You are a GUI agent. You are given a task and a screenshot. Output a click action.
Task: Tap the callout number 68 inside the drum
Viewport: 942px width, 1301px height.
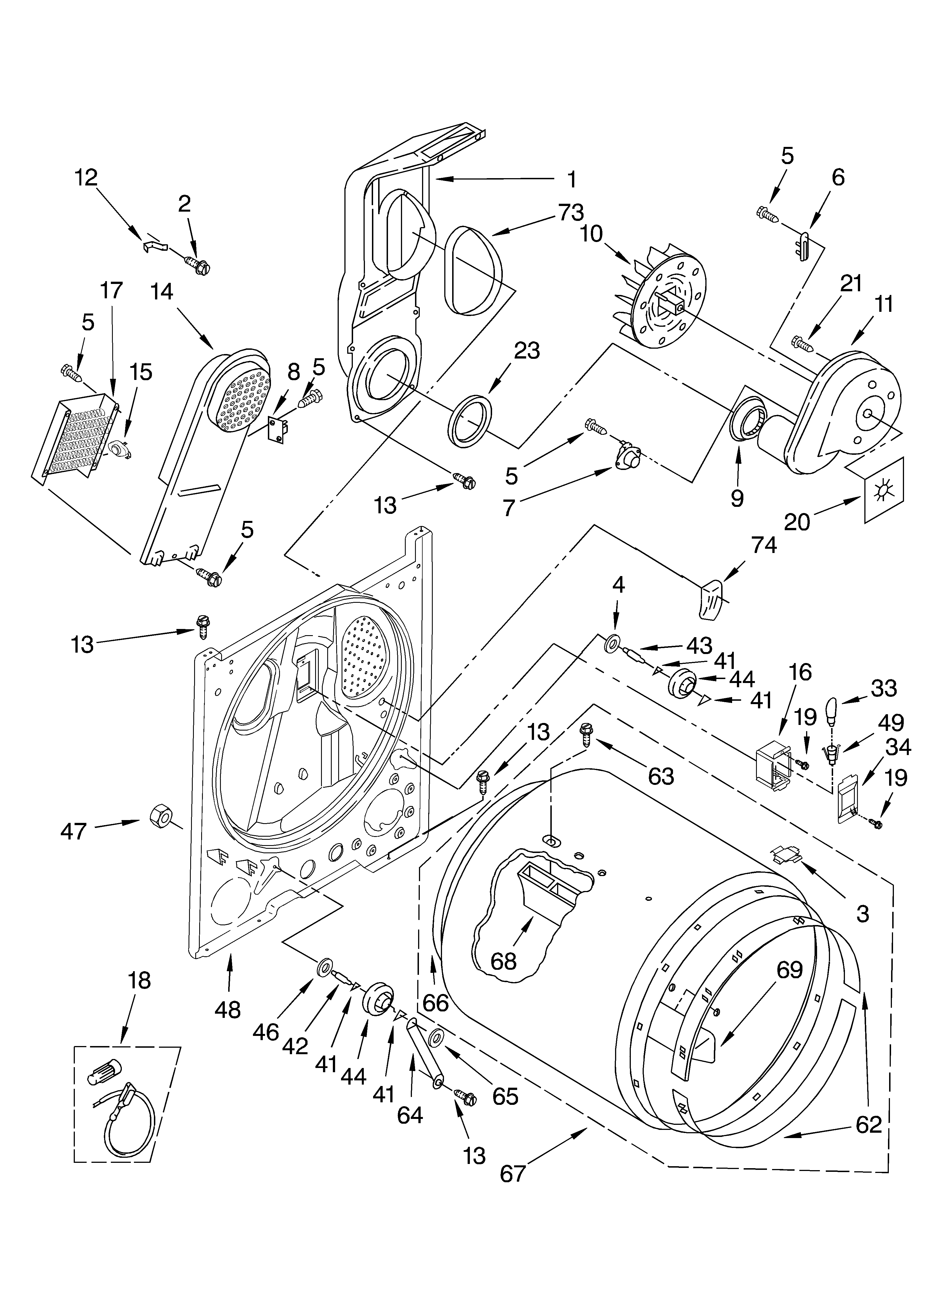click(x=503, y=961)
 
